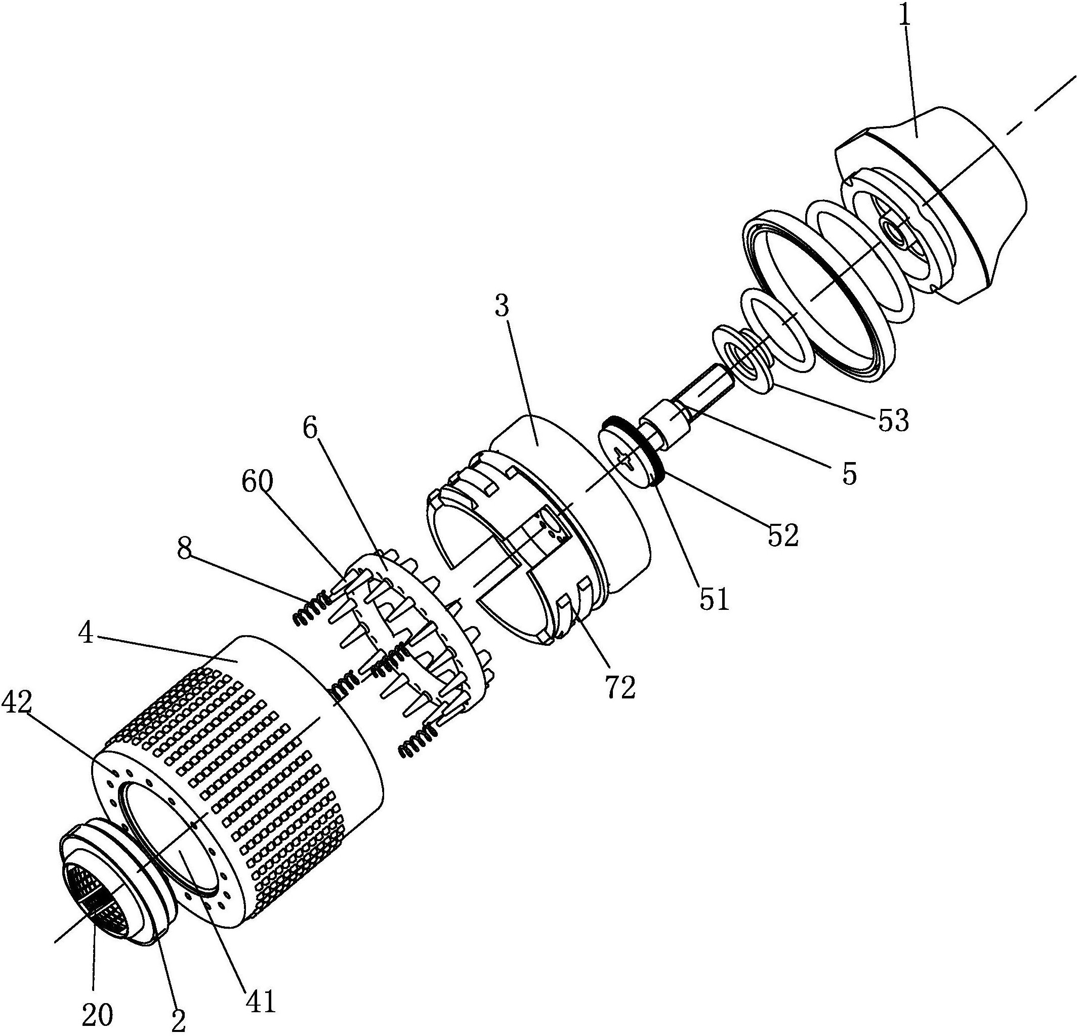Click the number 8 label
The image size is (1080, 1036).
[186, 550]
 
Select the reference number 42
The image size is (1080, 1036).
[18, 703]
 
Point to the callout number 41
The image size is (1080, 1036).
[260, 1002]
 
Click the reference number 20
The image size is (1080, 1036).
[97, 1014]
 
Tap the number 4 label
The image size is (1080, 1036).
[86, 634]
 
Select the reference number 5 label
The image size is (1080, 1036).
[850, 473]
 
